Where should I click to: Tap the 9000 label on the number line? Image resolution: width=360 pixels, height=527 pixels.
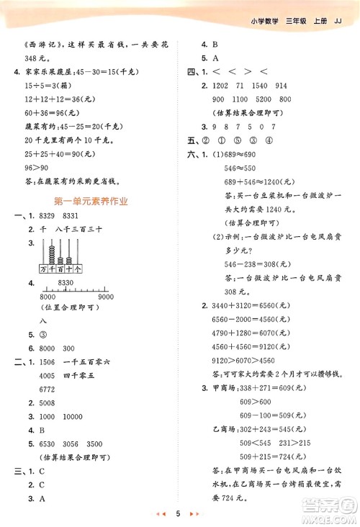pos(106,297)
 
